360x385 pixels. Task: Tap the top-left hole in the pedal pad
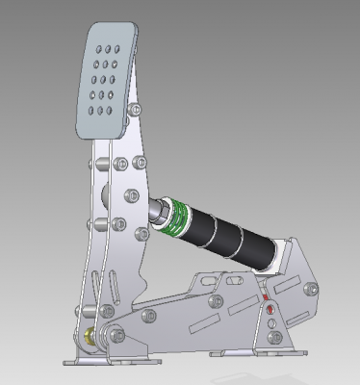[103, 46]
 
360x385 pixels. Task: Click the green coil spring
[172, 218]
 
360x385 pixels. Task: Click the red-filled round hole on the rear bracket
[270, 310]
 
